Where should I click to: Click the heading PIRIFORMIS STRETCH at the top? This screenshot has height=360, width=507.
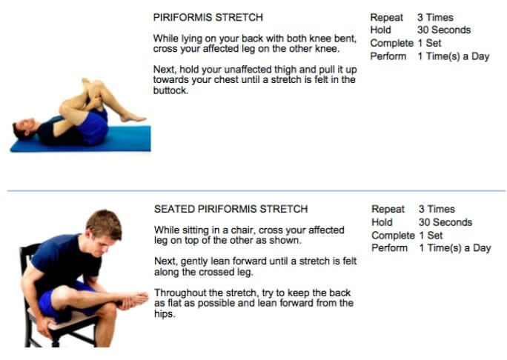(208, 17)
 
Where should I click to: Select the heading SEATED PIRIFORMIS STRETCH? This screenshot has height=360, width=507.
(231, 209)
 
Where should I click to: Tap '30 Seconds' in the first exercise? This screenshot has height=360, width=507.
(444, 30)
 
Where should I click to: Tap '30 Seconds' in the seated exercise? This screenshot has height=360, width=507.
(445, 222)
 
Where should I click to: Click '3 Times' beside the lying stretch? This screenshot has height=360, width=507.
(435, 18)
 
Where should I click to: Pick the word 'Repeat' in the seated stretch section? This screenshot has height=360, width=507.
(388, 210)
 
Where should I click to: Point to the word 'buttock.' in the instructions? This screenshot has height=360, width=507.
(170, 90)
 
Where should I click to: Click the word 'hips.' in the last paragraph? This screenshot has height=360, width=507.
(165, 314)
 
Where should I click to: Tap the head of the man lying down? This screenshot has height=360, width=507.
(24, 129)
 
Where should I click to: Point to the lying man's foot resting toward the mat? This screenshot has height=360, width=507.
(133, 118)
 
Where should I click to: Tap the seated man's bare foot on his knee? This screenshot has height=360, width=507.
(136, 299)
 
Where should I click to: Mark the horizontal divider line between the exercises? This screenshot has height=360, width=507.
(256, 190)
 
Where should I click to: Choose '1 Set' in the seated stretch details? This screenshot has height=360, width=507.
(431, 236)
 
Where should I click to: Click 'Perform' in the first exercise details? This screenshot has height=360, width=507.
(388, 56)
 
